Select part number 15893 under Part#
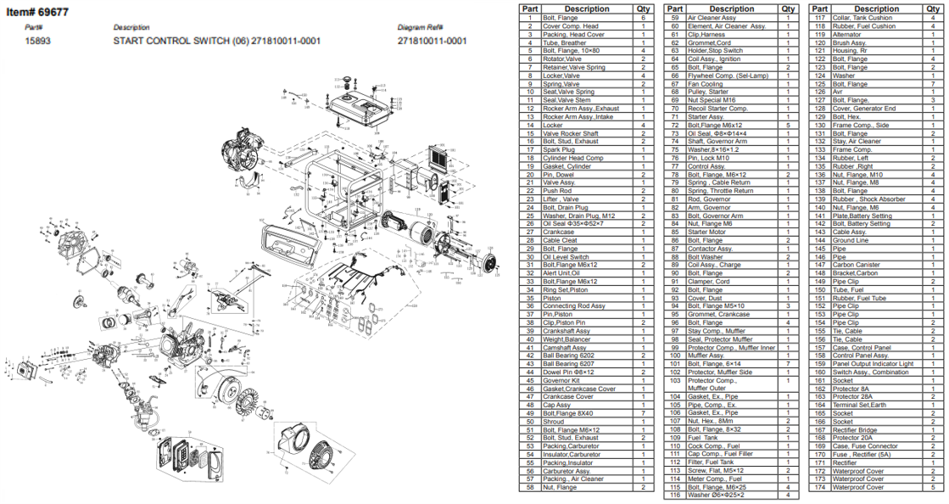coord(36,40)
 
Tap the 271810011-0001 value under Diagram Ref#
coord(432,40)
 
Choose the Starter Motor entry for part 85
coord(706,232)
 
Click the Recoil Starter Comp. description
coord(717,109)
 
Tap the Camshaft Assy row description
coord(565,347)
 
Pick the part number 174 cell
coord(819,487)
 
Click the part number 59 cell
coord(676,17)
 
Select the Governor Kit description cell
coord(561,380)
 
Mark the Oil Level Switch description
coord(566,256)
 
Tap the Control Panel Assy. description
coord(861,356)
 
